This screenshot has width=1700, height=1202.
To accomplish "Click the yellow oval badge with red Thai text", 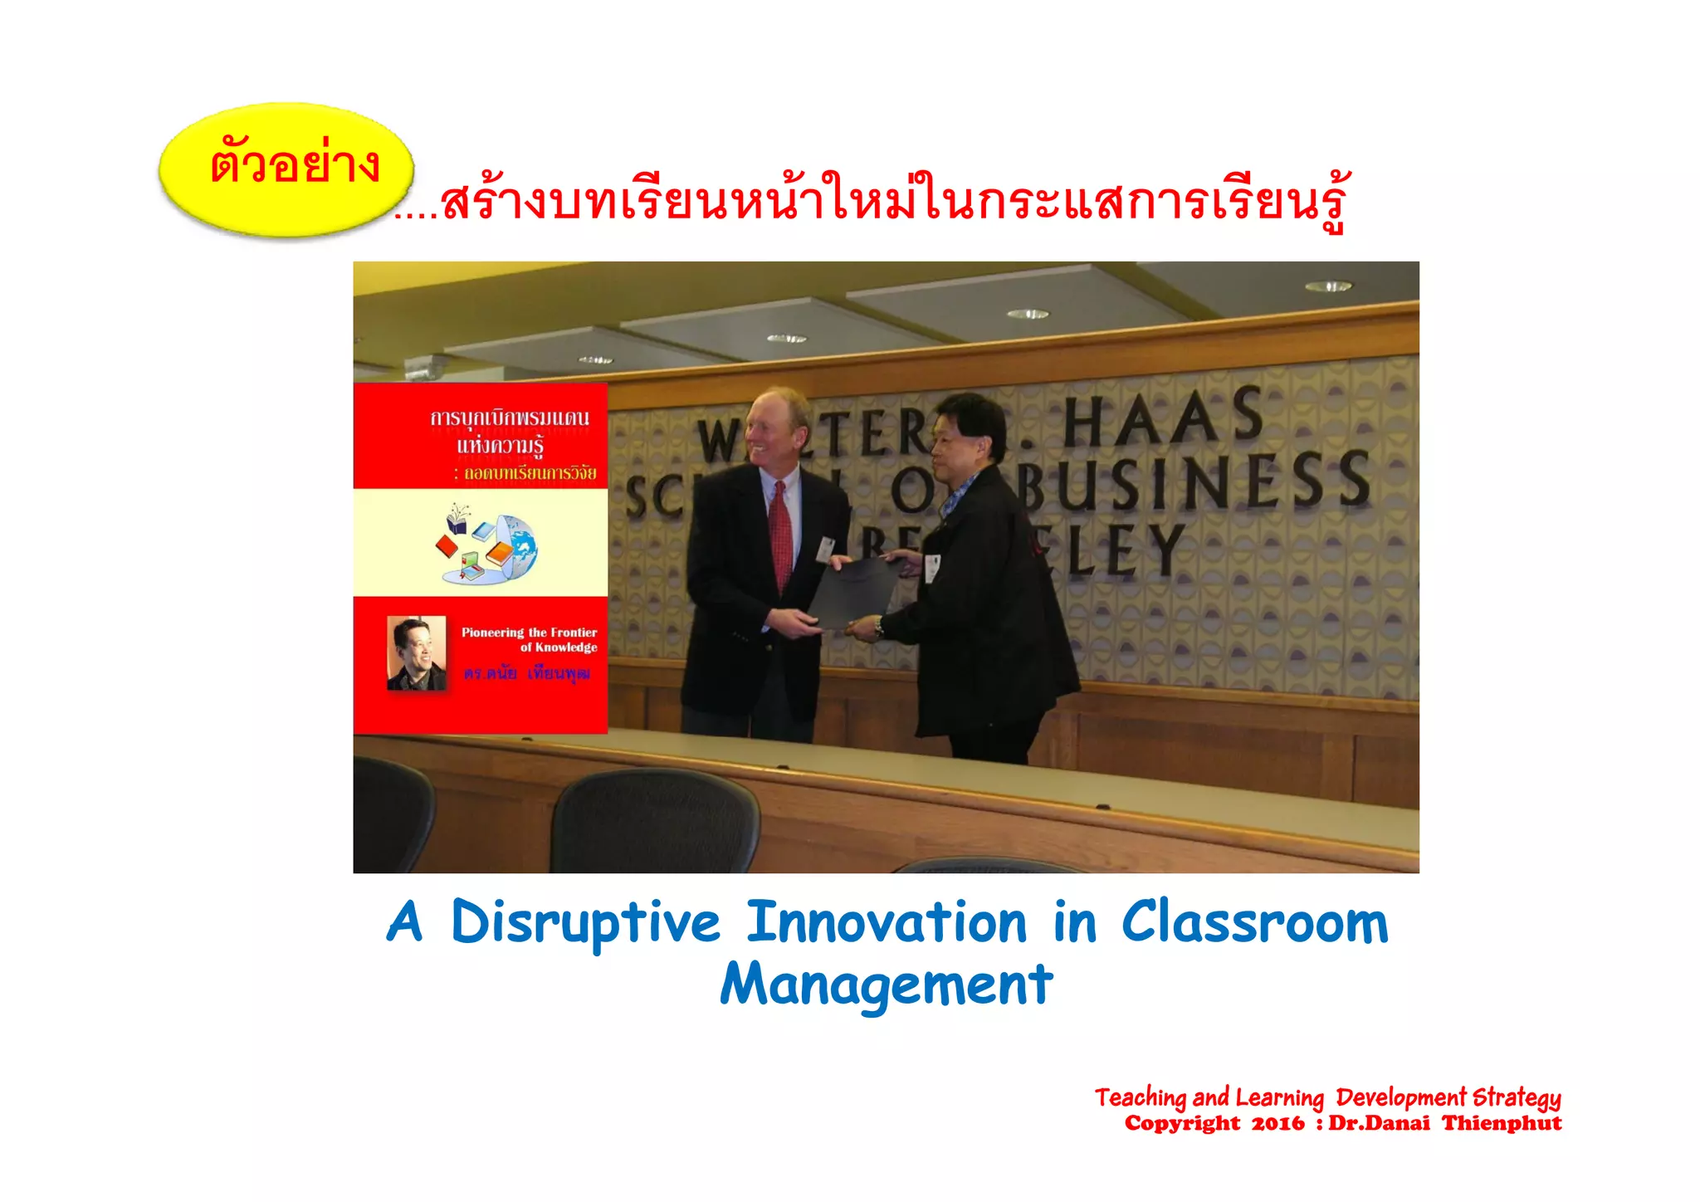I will [286, 169].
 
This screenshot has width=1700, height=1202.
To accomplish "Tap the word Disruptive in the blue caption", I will [585, 923].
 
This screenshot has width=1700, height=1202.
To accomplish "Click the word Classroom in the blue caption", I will [1254, 923].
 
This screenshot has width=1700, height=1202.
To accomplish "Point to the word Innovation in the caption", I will [887, 923].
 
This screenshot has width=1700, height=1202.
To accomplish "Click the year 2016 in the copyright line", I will [1277, 1124].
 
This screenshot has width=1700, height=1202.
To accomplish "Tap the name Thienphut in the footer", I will [1502, 1124].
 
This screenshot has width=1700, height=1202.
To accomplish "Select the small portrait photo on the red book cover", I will [417, 652].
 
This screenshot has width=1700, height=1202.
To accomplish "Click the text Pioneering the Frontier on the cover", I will [529, 633].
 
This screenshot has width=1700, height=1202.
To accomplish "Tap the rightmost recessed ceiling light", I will [1327, 286].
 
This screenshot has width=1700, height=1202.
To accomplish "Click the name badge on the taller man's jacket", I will [824, 549].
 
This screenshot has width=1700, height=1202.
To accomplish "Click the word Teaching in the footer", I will [1140, 1098].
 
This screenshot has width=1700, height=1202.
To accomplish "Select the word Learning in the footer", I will [1279, 1098].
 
